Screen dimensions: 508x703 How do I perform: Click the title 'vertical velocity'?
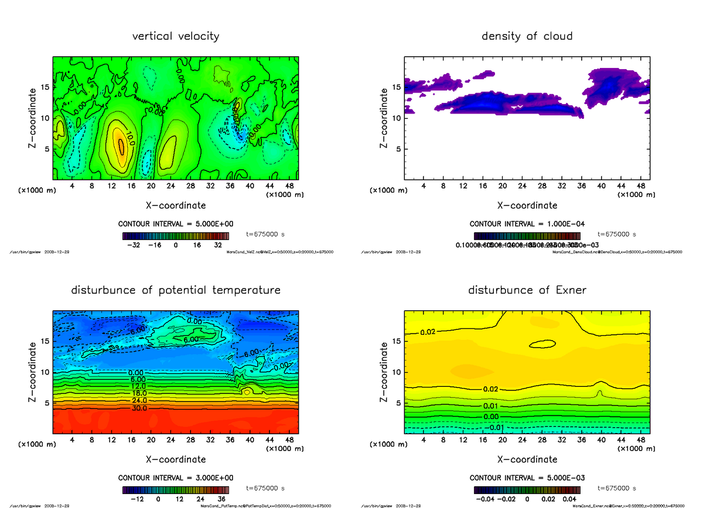click(176, 36)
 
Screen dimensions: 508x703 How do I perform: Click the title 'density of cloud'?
click(527, 36)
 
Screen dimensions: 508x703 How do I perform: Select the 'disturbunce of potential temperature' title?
click(176, 290)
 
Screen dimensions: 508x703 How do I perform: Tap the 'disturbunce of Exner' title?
click(527, 290)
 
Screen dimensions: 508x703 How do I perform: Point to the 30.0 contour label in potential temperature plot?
click(136, 408)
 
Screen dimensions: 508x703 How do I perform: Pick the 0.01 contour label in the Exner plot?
click(491, 406)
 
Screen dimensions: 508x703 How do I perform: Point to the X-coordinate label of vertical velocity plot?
click(176, 205)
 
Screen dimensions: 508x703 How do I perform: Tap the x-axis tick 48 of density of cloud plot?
click(641, 186)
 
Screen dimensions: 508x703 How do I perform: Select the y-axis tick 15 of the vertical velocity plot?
click(47, 88)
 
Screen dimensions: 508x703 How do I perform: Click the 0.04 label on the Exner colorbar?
click(570, 499)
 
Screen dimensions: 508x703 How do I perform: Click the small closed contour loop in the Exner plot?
click(542, 344)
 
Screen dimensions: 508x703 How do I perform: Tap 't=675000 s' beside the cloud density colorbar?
click(617, 234)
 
